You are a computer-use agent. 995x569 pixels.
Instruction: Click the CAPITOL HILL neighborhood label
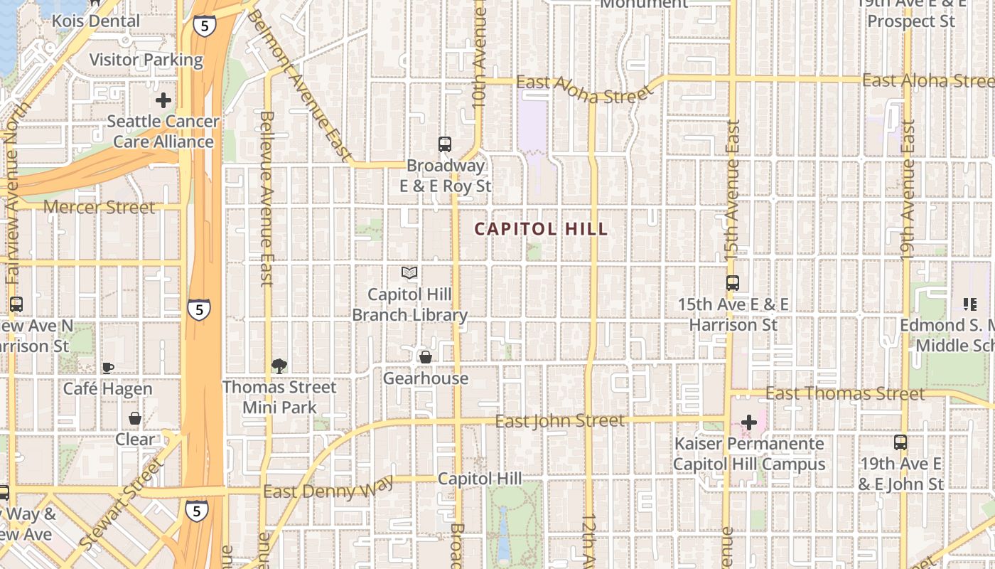541,229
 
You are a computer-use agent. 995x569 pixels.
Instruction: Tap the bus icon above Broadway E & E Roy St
445,144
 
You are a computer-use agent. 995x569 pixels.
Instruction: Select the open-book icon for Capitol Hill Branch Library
409,272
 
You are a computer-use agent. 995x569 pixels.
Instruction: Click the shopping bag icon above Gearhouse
425,357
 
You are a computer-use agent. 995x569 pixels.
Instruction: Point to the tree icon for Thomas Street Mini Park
279,366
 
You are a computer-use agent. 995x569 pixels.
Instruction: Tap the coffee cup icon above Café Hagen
107,368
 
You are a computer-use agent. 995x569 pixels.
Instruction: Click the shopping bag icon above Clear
134,418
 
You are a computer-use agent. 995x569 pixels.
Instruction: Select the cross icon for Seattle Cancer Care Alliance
163,100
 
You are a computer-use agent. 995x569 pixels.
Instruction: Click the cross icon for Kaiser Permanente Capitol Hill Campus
748,422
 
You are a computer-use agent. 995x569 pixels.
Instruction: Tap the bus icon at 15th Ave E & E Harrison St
733,283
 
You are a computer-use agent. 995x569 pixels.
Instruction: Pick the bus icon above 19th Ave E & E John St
900,442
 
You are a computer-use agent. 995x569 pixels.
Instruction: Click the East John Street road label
560,421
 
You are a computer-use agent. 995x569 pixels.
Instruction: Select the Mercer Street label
99,208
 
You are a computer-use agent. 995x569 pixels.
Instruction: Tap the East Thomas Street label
845,394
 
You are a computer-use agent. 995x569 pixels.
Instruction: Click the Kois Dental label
96,21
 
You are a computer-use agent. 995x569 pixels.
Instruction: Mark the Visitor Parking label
146,60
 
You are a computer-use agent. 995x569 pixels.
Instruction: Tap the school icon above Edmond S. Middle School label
969,304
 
